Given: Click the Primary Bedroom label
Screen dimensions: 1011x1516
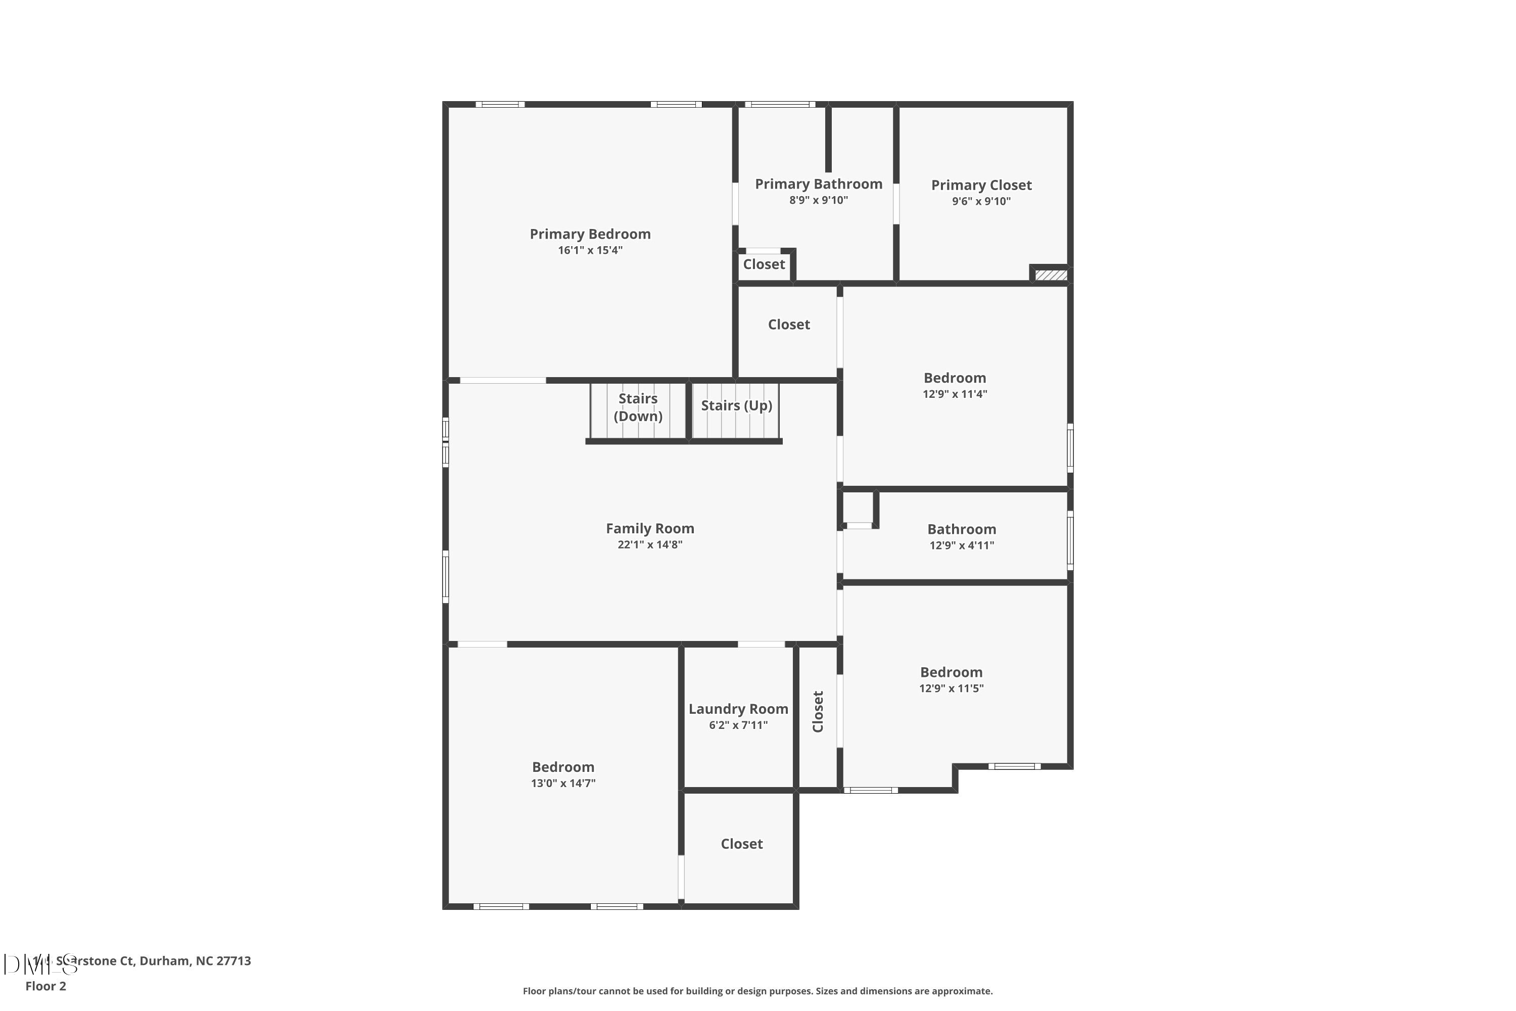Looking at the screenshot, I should pos(590,234).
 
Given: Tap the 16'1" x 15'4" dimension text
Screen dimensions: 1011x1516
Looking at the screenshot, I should pos(590,250).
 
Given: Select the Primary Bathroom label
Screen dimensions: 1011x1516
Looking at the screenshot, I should pos(819,184).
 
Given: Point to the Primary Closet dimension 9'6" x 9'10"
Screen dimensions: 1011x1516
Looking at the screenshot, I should pos(981,201).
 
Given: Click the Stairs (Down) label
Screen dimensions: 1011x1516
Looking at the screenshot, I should pos(637,407).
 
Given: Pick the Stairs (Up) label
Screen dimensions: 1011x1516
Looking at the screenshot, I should pos(736,405).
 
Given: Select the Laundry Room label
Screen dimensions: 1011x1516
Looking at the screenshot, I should pos(738,709).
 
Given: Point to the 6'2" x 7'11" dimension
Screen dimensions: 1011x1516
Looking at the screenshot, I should pos(738,725).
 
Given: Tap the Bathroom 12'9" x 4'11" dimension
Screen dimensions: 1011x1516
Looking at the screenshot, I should pos(961,545).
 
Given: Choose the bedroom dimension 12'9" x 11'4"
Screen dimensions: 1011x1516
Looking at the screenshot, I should pos(955,394).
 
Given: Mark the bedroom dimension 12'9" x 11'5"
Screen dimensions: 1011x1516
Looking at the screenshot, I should pos(951,688).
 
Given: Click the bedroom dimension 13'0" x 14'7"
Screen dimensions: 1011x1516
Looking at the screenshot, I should pos(563,784).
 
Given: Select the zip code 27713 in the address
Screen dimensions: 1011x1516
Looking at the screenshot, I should pos(233,961).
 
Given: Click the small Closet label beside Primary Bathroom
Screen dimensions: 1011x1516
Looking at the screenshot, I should pos(764,264).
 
